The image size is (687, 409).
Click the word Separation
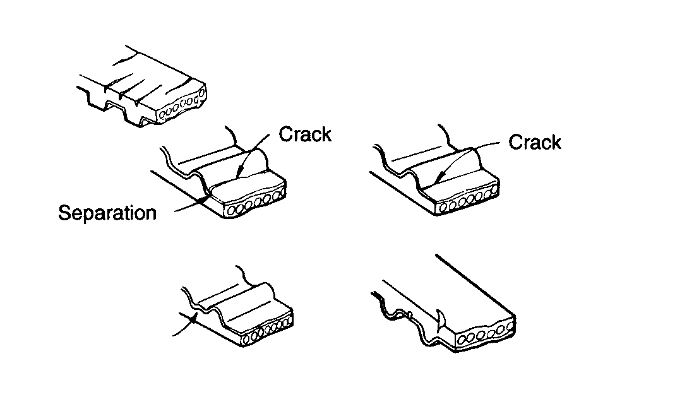(x=107, y=213)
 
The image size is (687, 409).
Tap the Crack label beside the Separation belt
(x=305, y=134)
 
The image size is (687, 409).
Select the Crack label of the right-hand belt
(x=534, y=142)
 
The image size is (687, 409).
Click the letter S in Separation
(x=64, y=213)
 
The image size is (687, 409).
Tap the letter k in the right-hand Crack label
(x=555, y=142)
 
